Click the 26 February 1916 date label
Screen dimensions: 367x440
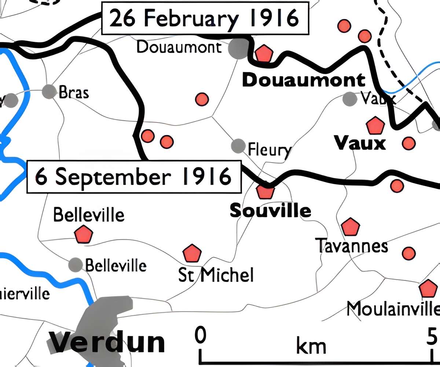204,19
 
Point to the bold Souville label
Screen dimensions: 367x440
270,211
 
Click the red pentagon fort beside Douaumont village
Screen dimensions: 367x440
264,54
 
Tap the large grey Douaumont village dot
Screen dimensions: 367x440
238,49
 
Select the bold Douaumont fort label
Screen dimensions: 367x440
304,80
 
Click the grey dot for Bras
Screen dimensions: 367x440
48,91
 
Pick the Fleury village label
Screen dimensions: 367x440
269,150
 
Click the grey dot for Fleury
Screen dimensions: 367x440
238,146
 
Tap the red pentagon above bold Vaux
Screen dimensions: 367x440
375,126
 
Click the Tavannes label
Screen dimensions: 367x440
352,246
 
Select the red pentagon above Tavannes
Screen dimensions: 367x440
350,227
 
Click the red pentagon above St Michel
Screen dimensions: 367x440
192,253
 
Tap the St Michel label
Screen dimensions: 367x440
216,275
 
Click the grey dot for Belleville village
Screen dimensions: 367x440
76,264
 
